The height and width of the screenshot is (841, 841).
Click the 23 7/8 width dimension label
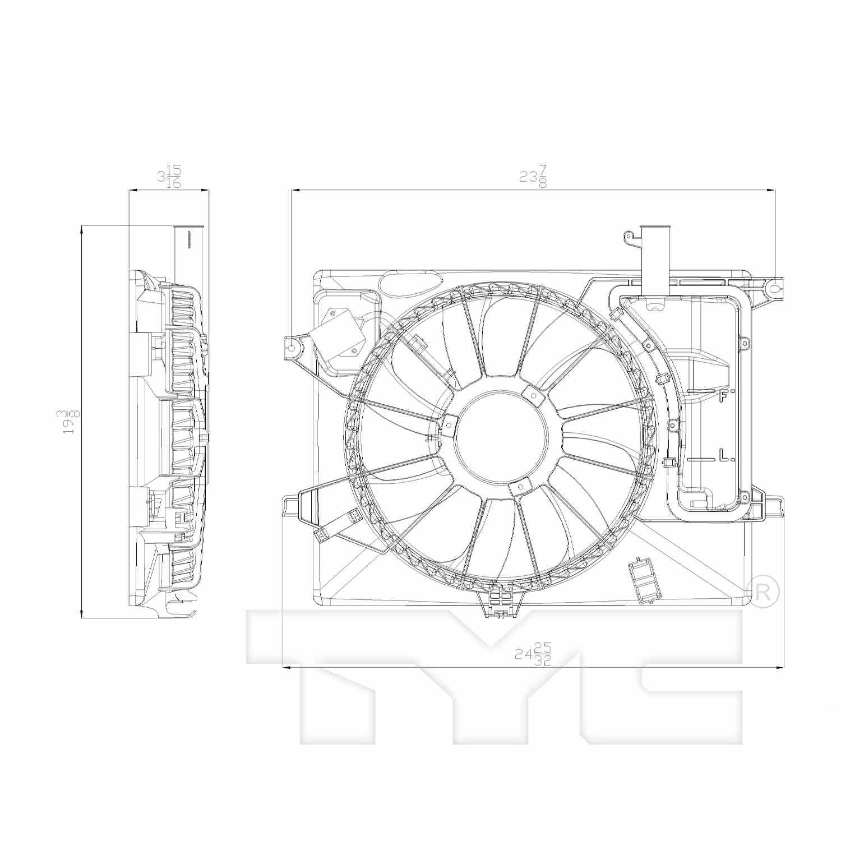click(533, 176)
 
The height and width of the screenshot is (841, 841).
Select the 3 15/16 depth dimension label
click(169, 176)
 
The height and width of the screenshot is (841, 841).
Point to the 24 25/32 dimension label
click(533, 654)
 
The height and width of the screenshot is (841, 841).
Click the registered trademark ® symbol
click(763, 592)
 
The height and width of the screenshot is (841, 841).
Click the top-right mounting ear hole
click(774, 289)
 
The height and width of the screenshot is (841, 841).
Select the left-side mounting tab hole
click(290, 348)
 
